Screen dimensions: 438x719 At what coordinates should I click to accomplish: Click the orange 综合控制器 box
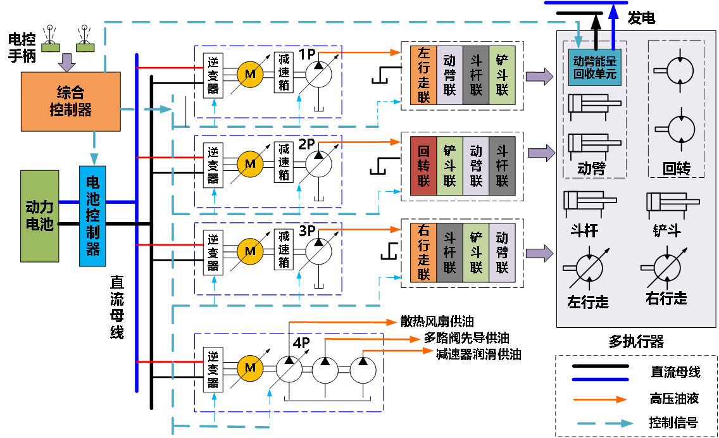coord(70,101)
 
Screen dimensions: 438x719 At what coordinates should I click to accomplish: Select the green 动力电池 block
coord(39,215)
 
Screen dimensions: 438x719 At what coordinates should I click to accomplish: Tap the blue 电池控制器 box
coord(92,215)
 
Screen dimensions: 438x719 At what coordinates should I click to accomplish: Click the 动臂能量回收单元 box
coord(594,68)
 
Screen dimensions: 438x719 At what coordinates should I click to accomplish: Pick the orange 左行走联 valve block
coord(423,75)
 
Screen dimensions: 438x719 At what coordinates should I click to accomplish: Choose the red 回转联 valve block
coord(423,166)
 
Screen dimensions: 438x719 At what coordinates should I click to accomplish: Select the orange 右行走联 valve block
coord(423,252)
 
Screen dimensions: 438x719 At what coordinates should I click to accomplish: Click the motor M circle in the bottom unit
coord(250,368)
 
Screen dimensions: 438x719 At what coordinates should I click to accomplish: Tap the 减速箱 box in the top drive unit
coord(284,72)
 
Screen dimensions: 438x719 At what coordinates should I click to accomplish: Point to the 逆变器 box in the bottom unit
coord(213,368)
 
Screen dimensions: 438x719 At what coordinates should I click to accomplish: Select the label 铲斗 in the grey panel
coord(666,230)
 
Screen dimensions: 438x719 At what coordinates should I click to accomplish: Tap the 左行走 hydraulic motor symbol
coord(588,270)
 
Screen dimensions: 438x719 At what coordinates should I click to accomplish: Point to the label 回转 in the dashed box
coord(676,168)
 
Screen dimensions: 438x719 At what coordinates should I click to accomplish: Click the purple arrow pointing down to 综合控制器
coord(66,62)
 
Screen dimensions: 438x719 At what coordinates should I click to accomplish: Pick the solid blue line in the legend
coord(600,380)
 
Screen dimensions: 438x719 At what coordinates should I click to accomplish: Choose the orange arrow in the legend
coord(600,399)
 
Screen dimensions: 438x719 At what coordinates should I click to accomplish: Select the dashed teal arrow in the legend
coord(605,423)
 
